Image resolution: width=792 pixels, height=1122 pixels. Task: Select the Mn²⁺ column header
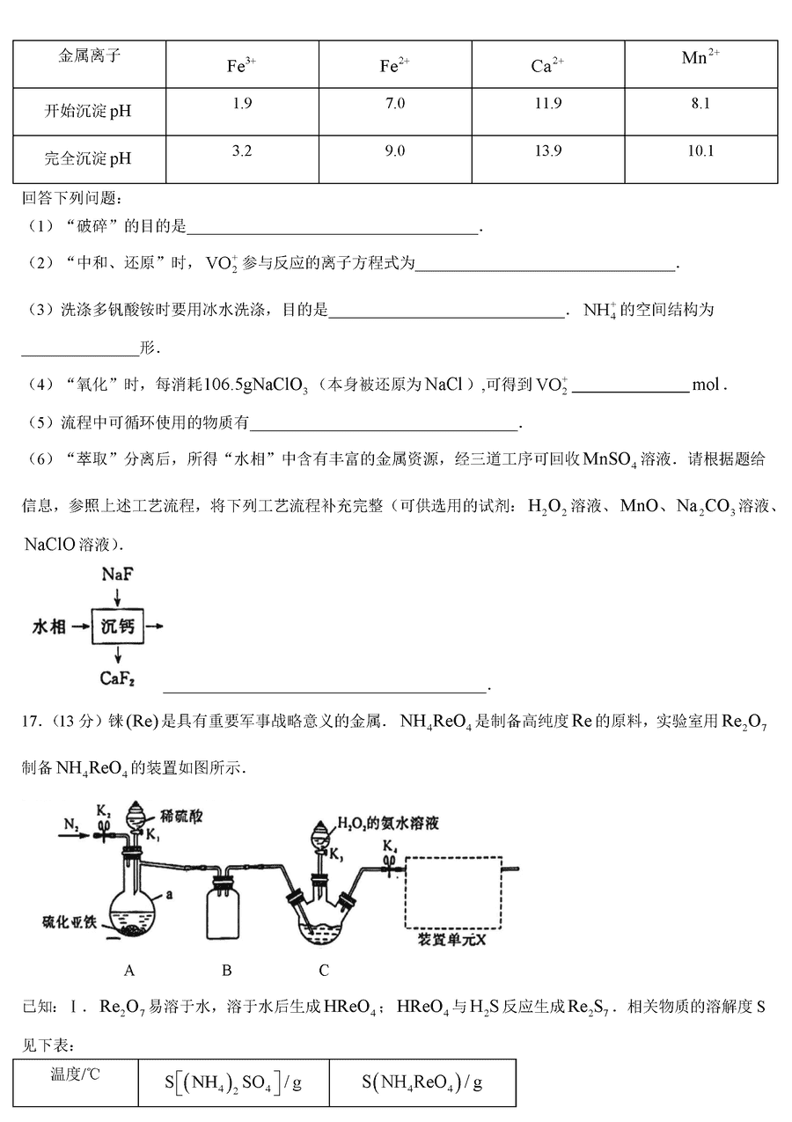[700, 58]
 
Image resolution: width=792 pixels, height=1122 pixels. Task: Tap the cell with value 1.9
[242, 104]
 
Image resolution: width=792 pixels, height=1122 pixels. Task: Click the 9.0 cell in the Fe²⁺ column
[395, 151]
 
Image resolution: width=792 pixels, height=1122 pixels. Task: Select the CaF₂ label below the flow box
[117, 678]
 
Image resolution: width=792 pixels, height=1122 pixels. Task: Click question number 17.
[29, 722]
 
